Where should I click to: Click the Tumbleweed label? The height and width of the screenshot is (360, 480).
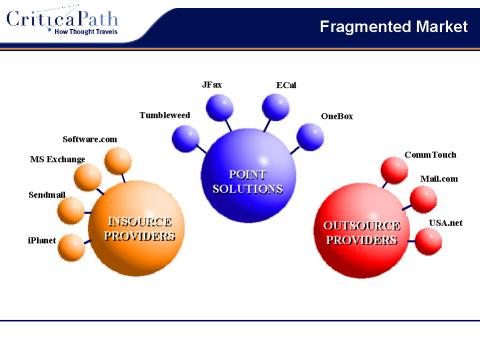click(x=164, y=115)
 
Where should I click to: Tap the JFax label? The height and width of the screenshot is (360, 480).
click(x=213, y=85)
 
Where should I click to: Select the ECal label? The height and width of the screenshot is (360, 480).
click(x=286, y=85)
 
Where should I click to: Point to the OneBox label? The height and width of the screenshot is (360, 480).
click(x=337, y=116)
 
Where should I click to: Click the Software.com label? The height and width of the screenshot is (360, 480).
click(x=90, y=138)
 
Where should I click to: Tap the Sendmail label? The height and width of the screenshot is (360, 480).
click(x=46, y=195)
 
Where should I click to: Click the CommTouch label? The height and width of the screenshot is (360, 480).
click(x=429, y=155)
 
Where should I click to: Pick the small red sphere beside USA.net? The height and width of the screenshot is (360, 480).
click(x=427, y=240)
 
